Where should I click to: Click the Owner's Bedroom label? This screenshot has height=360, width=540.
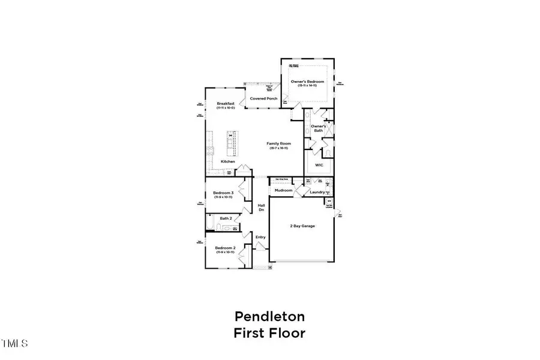[x=307, y=80]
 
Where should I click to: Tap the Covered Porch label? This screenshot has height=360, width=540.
[x=262, y=98]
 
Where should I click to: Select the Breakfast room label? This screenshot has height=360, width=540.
[x=226, y=104]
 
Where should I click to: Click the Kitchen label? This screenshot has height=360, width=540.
[x=227, y=161]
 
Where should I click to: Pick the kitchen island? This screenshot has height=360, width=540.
[x=230, y=142]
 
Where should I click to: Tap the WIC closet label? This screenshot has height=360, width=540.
[x=319, y=164]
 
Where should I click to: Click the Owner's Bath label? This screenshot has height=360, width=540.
[x=318, y=128]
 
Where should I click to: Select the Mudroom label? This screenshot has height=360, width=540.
[x=283, y=190]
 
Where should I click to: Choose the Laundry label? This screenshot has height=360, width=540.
[x=317, y=192]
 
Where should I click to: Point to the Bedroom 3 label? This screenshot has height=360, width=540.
[x=223, y=193]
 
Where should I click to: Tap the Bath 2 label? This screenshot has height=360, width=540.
[x=226, y=218]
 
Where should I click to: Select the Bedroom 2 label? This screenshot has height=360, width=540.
[x=223, y=248]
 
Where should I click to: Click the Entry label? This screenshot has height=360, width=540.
[x=260, y=237]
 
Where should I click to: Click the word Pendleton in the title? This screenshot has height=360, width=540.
[x=269, y=316]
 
